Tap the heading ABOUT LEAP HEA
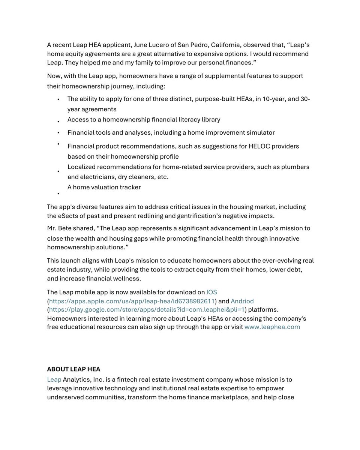click(73, 369)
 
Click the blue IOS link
click(211, 292)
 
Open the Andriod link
click(242, 301)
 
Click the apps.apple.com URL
click(132, 301)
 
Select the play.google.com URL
click(147, 310)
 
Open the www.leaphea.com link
click(272, 327)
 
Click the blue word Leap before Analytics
click(54, 379)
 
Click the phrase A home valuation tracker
click(104, 187)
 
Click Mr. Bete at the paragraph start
click(59, 228)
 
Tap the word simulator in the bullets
click(260, 133)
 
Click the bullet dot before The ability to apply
click(58, 100)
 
